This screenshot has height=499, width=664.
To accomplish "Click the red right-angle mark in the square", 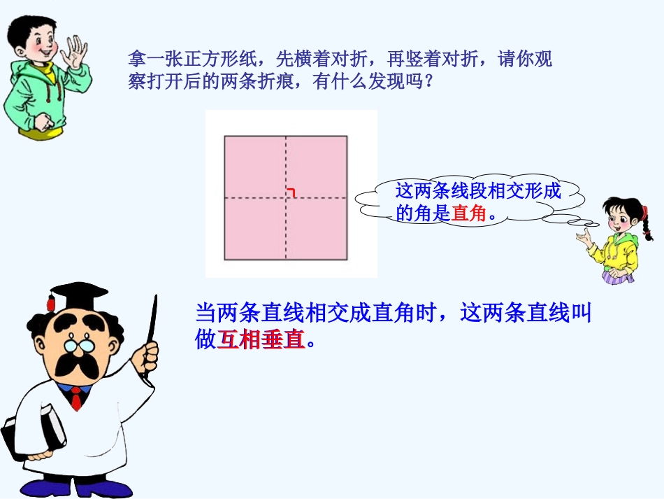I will [x=290, y=192].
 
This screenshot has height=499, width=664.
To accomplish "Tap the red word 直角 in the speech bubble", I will [x=468, y=213].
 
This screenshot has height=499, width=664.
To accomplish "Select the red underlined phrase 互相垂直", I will [x=262, y=340].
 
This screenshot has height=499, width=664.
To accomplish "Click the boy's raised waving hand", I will [x=74, y=50].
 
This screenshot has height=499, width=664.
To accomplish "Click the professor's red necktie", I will [x=75, y=400].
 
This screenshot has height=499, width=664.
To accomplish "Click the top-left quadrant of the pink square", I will [x=255, y=167].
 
